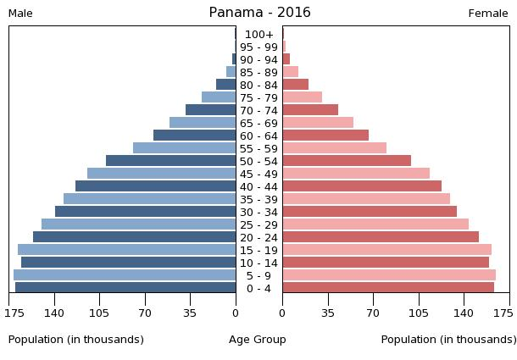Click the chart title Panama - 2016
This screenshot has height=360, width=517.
(x=259, y=13)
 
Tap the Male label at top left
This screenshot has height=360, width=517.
(x=20, y=14)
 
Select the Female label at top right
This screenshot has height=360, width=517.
(x=488, y=14)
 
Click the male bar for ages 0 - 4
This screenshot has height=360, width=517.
(x=125, y=288)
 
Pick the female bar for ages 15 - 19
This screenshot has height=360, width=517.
(x=386, y=250)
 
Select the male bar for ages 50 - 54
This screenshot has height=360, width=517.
(x=170, y=161)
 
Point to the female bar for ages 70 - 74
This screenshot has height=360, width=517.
(x=310, y=110)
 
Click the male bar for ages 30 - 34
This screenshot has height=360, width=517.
(x=145, y=212)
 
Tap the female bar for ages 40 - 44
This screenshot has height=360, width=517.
(x=362, y=186)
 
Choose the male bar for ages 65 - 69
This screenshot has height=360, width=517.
(x=203, y=123)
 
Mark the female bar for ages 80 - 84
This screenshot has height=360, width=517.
(x=295, y=85)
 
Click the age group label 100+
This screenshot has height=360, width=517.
(x=258, y=35)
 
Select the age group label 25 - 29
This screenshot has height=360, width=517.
(x=258, y=224)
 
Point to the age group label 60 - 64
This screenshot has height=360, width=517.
(x=258, y=136)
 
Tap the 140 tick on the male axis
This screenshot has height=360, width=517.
(x=55, y=313)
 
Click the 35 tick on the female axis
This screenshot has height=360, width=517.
(x=327, y=313)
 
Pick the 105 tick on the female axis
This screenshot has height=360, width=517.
(x=418, y=313)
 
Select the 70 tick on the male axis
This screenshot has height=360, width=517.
(x=145, y=313)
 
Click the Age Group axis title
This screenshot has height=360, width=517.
(x=258, y=340)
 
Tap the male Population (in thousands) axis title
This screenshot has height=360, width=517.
(x=76, y=340)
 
